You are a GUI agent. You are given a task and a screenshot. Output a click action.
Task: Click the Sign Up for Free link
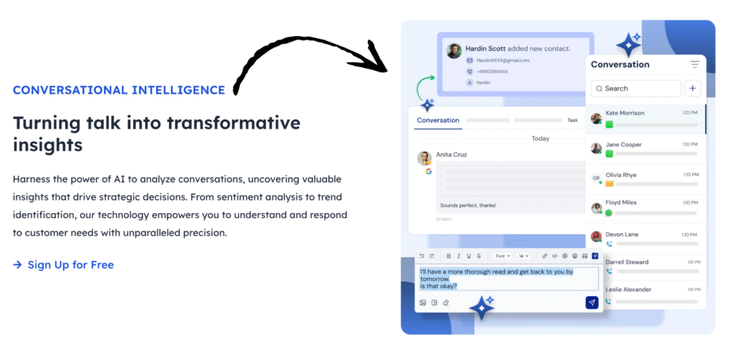70,265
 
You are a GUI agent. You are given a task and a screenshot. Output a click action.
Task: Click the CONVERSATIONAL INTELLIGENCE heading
119,90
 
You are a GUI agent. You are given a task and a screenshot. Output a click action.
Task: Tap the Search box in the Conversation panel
636,89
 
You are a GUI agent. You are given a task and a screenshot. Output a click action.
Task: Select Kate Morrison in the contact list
625,113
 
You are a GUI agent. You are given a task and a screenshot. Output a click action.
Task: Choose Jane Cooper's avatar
596,148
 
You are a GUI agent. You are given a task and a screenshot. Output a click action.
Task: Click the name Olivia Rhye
621,175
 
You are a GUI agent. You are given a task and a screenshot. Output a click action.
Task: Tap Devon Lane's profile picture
596,236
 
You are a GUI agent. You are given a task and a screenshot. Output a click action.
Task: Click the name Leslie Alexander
628,289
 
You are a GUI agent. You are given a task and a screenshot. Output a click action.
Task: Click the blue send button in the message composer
591,302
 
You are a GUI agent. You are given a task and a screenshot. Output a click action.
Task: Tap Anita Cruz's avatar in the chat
424,158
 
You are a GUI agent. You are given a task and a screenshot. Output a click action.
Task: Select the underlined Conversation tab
437,120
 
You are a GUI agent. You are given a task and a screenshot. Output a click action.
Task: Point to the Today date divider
540,138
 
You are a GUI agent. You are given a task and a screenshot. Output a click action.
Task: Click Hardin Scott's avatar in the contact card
454,51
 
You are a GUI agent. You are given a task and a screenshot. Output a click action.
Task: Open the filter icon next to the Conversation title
694,64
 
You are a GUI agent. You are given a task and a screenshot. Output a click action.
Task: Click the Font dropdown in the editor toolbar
503,256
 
